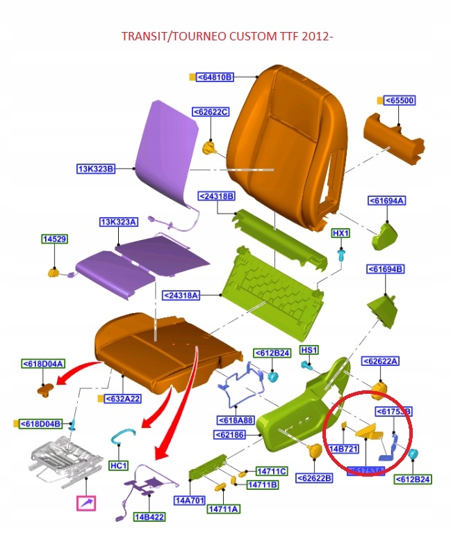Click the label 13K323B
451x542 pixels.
click(x=95, y=168)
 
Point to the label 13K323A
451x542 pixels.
click(x=119, y=222)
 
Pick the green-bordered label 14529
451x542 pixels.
click(x=54, y=239)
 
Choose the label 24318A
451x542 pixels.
click(x=181, y=296)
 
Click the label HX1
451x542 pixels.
click(x=341, y=233)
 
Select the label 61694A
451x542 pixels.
click(x=386, y=201)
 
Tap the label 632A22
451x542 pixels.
click(x=124, y=399)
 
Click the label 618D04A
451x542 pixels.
click(x=43, y=364)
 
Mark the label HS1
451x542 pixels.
click(x=309, y=349)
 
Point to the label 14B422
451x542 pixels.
click(x=148, y=516)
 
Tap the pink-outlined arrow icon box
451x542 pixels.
click(x=87, y=502)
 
